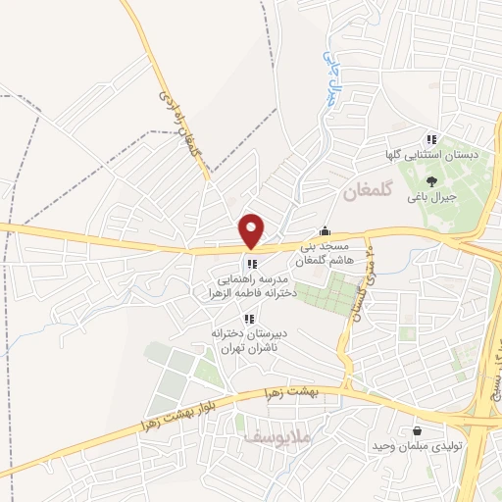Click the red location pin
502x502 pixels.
tap(253, 230)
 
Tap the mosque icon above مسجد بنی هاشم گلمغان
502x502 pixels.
tap(326, 231)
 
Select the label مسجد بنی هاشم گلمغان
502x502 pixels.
tap(323, 255)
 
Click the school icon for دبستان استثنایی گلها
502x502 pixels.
tap(432, 138)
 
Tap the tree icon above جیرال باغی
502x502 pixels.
tap(432, 179)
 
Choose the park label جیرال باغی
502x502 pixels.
tap(433, 195)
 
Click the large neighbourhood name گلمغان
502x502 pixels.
tap(367, 193)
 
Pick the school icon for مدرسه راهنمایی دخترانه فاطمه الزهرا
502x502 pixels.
tap(252, 263)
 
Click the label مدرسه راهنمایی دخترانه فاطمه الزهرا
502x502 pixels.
tap(252, 284)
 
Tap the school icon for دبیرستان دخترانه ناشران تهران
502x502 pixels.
tap(248, 318)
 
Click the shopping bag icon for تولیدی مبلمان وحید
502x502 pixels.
tap(419, 429)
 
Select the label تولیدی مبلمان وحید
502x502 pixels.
tap(417, 447)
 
